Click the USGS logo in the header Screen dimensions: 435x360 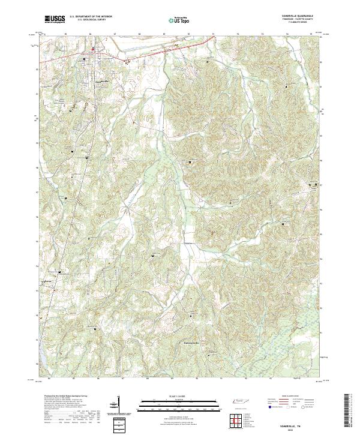click(55, 20)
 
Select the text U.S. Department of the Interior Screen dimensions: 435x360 click(90, 17)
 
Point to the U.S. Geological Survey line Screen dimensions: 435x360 click(90, 21)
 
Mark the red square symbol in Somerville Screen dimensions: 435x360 click(92, 50)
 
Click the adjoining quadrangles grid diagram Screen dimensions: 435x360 click(238, 420)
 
